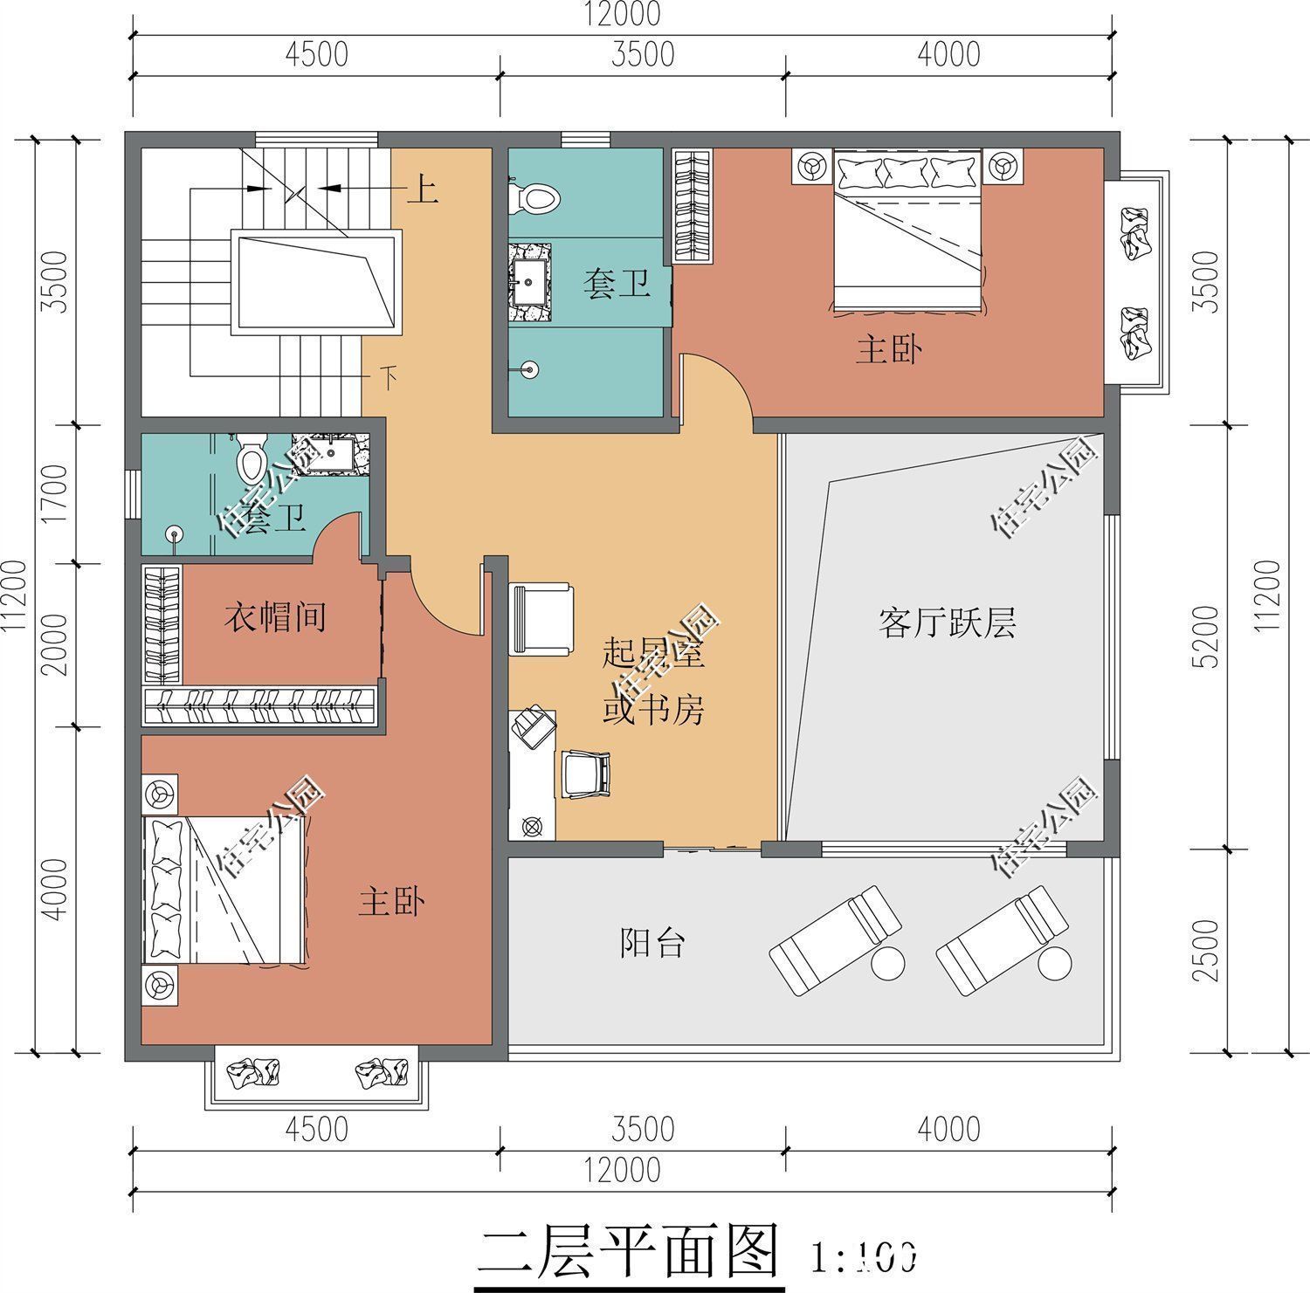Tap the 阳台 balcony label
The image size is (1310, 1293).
tap(652, 944)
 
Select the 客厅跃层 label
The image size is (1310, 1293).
tap(947, 623)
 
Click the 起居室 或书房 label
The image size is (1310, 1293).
tap(653, 683)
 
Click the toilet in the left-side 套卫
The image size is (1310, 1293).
tap(252, 459)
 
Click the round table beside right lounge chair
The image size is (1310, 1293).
tap(1055, 964)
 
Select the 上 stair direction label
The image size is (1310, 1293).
tap(422, 189)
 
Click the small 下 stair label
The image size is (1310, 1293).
tap(389, 377)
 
